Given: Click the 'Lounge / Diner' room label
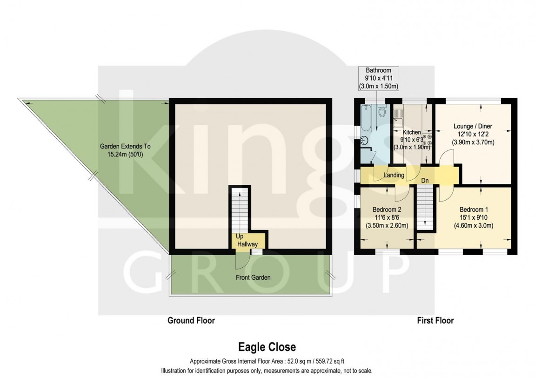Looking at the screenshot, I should tap(473, 126).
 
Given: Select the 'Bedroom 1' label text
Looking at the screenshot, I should tap(474, 209).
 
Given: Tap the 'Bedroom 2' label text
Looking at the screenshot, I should tap(386, 209).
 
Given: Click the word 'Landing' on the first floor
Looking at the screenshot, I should tap(394, 175).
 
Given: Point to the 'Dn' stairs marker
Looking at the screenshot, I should tap(425, 181).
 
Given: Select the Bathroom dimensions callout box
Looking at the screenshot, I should tap(379, 78).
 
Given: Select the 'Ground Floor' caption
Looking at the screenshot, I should tap(191, 320).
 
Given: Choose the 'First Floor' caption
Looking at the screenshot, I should tap(435, 320).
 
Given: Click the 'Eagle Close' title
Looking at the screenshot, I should tap(267, 347).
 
